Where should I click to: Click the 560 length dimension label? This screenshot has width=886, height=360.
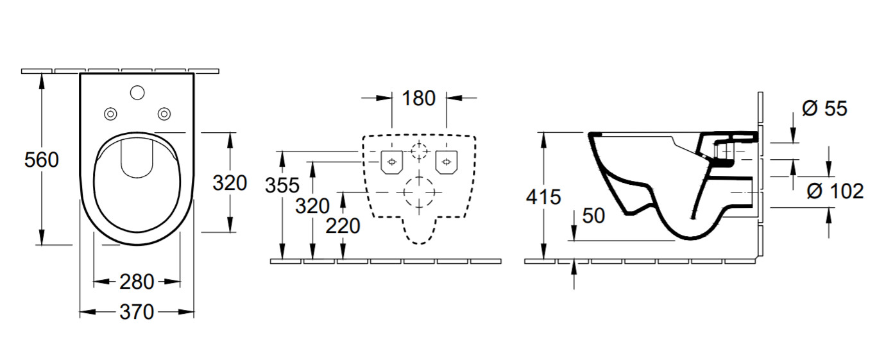42,160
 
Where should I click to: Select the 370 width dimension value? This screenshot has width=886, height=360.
137,312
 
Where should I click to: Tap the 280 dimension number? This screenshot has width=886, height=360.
137,282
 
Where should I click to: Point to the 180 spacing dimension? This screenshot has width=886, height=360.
418,98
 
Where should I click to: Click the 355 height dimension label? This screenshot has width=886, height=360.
282,185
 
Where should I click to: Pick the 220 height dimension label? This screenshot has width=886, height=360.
343,226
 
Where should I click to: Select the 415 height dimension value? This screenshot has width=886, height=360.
543,196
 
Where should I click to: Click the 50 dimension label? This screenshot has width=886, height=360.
593,216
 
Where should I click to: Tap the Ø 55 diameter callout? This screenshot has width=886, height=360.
824,108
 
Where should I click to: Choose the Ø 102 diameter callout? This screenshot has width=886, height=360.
835,191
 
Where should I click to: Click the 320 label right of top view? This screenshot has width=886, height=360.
230,183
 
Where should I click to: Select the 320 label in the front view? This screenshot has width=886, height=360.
312,206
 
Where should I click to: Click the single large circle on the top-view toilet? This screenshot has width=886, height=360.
137,92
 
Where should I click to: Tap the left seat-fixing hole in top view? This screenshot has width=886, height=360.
110,114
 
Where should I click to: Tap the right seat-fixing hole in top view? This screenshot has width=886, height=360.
164,114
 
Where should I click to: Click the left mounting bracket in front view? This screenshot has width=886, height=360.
391,162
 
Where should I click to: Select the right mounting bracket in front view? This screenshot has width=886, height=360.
447,162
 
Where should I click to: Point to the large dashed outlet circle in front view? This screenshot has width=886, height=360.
420,193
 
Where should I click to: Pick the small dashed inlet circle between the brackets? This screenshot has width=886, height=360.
420,151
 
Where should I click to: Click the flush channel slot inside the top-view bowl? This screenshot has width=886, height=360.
137,159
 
